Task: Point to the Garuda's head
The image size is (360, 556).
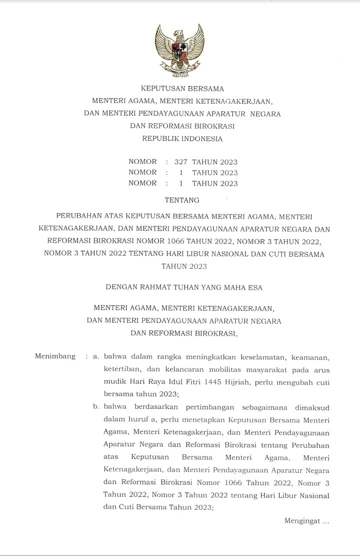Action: [x=178, y=34]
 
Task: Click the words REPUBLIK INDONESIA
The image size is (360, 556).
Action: [x=182, y=139]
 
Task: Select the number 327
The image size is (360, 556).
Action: [x=180, y=162]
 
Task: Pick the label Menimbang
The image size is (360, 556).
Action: [x=55, y=356]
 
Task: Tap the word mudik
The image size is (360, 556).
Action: [x=114, y=382]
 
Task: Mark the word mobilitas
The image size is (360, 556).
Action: [x=227, y=369]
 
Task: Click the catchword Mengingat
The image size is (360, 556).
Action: [x=302, y=521]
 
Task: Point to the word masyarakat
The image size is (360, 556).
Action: [x=272, y=369]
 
